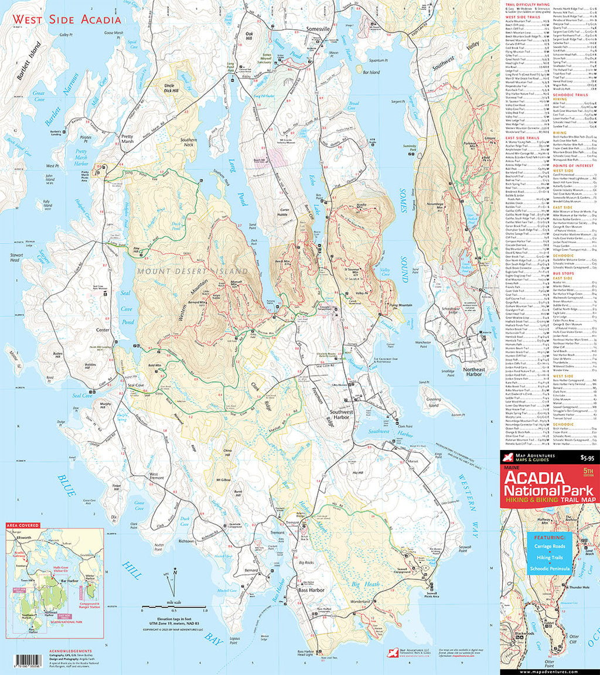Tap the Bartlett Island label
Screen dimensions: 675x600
[26, 61]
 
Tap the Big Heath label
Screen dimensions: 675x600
[366, 584]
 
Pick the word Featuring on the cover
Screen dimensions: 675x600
[549, 536]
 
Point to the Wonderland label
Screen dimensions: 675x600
[361, 602]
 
